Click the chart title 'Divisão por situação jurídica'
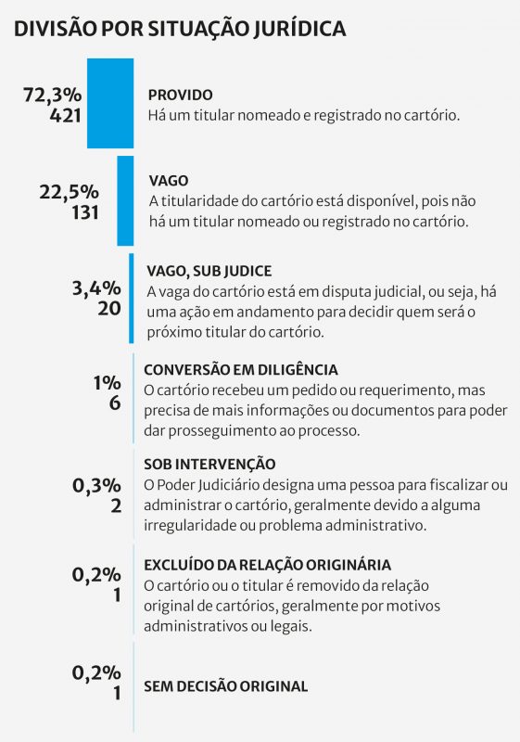(x=180, y=29)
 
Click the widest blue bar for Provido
(x=110, y=103)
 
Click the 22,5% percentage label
(x=69, y=191)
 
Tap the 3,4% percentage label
(x=96, y=288)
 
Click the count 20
(x=108, y=308)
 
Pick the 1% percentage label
(x=106, y=384)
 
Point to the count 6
(x=115, y=404)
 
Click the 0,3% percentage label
(x=96, y=484)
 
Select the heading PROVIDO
(x=181, y=95)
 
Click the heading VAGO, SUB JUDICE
(x=209, y=271)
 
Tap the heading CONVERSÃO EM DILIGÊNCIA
(x=241, y=368)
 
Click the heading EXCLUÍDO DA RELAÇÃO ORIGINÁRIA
(x=267, y=564)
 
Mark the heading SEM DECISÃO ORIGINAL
(x=225, y=686)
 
